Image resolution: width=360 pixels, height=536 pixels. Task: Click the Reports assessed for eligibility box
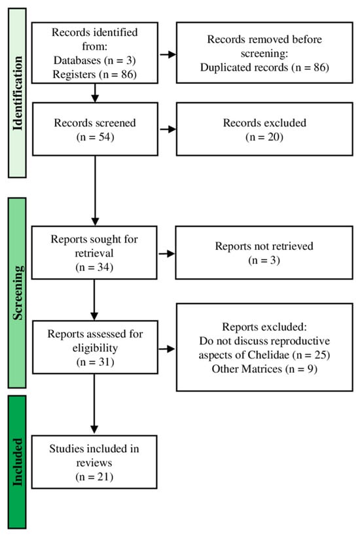[95, 346]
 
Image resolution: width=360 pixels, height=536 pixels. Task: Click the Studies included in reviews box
[95, 461]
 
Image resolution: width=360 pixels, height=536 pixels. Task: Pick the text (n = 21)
[95, 478]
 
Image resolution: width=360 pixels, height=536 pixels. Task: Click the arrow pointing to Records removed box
[167, 53]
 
